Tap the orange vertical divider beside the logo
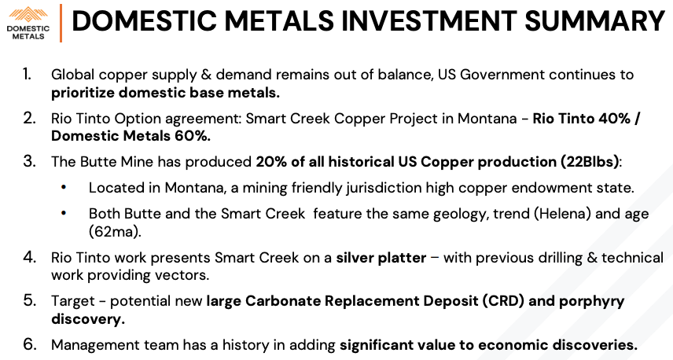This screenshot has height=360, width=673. [x=61, y=23]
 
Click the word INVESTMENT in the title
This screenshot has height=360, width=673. [x=428, y=20]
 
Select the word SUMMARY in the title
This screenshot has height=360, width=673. [x=595, y=20]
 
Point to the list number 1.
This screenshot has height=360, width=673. [x=28, y=74]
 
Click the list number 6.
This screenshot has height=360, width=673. [x=29, y=344]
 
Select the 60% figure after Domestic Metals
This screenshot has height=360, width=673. [x=193, y=136]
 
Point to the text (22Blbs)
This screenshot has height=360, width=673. [x=590, y=162]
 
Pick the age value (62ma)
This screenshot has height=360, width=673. [x=115, y=232]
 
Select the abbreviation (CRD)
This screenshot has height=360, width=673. [x=503, y=301]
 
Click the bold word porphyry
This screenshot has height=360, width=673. [x=591, y=302]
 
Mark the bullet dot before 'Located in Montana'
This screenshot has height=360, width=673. [x=64, y=187]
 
